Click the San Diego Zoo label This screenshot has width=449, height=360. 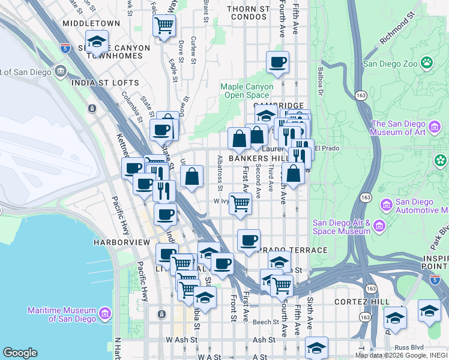[x=390, y=63]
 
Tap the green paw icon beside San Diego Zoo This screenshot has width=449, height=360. [x=427, y=62]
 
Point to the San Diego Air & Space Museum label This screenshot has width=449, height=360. [x=342, y=227]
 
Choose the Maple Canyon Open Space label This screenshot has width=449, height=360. [x=247, y=91]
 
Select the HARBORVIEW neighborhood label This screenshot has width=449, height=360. [x=121, y=242]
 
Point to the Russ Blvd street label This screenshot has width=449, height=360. [x=410, y=347]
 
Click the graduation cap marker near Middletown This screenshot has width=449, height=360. [x=97, y=42]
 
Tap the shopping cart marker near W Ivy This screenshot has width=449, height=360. [x=240, y=203]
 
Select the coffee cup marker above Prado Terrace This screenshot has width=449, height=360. [x=249, y=241]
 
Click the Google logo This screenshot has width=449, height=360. [x=20, y=353]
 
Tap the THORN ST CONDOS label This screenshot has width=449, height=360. [x=247, y=13]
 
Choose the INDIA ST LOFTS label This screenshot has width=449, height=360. [x=105, y=83]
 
